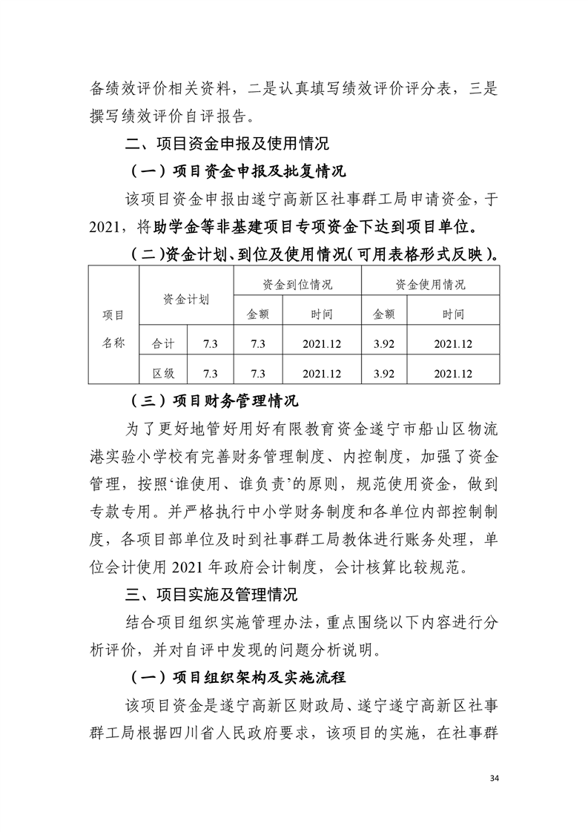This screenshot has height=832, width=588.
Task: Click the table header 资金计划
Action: tap(186, 299)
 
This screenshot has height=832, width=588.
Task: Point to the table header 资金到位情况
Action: tap(297, 284)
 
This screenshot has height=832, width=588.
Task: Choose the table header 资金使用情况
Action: tap(430, 284)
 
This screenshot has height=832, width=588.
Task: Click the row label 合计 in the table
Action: tap(163, 343)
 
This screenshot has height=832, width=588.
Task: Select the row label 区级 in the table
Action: tap(163, 373)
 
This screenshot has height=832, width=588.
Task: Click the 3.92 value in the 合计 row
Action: tap(384, 343)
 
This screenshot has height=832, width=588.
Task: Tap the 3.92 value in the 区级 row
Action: tap(384, 373)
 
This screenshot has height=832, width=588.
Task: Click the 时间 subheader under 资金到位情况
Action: tap(322, 314)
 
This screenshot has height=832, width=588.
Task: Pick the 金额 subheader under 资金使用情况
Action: tap(384, 314)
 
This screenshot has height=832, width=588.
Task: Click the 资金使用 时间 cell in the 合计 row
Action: tap(453, 343)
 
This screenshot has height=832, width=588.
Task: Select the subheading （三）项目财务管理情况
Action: tap(214, 401)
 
